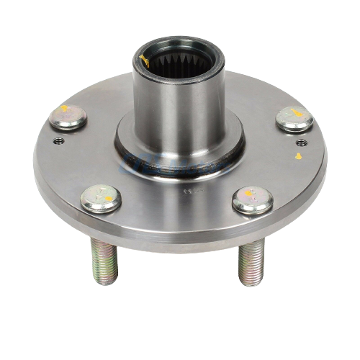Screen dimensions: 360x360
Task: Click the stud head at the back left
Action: pos(68,117)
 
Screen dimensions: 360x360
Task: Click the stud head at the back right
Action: pos(294,119)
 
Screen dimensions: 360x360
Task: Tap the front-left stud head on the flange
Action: pos(100,198)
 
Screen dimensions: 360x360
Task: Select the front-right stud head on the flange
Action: pos(253,200)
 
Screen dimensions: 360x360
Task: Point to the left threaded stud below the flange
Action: pos(103,260)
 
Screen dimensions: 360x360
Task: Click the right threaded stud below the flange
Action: pos(251,261)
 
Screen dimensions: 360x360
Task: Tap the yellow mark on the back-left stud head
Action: pos(65,109)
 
